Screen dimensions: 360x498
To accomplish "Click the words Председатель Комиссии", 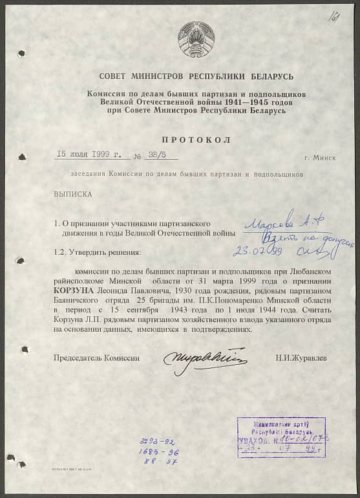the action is point(97,357).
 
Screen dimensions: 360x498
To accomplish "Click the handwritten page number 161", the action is point(334,15).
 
